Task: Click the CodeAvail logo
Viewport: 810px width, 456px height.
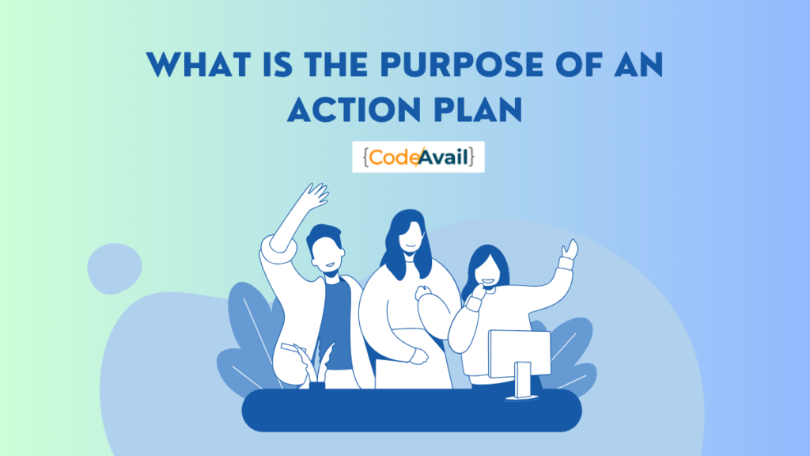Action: click(x=418, y=157)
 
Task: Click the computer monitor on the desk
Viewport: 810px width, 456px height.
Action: click(x=519, y=352)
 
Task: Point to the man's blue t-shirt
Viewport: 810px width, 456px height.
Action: click(x=338, y=325)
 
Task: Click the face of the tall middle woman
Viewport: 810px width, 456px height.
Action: click(x=408, y=237)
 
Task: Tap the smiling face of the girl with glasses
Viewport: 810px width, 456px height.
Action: click(x=484, y=273)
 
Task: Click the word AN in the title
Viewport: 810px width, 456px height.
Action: click(x=636, y=66)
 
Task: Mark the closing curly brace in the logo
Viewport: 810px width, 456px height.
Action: click(x=472, y=157)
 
